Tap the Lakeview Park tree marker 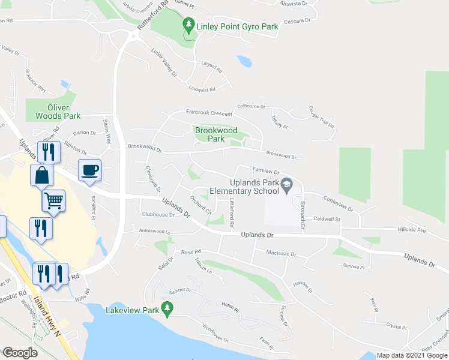pyautogui.click(x=169, y=310)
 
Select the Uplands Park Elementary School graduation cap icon pyautogui.click(x=288, y=185)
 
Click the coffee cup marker pyautogui.click(x=90, y=170)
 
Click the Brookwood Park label pyautogui.click(x=215, y=134)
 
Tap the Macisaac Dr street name pyautogui.click(x=281, y=254)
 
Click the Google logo pyautogui.click(x=19, y=353)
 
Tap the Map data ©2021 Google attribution pyautogui.click(x=412, y=355)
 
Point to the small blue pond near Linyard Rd pyautogui.click(x=244, y=61)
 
